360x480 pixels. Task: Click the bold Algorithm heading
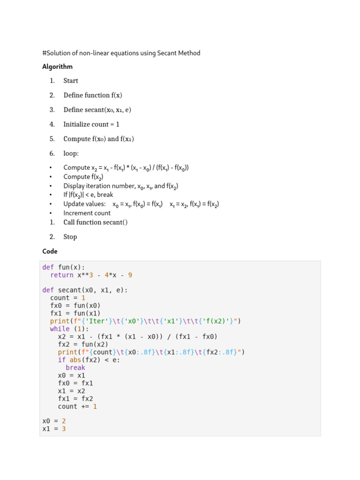tap(57, 67)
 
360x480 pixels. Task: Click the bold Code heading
tap(50, 251)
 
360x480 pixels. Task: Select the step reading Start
tap(71, 81)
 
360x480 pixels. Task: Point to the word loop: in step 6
tap(71, 153)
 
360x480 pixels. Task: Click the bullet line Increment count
tap(87, 213)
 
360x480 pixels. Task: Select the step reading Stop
tap(70, 237)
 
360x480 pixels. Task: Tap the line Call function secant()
tap(96, 222)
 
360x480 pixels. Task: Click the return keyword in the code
tap(62, 275)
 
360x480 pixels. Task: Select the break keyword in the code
tap(75, 368)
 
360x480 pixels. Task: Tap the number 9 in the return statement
tap(137, 275)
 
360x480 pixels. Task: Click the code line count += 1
tap(77, 406)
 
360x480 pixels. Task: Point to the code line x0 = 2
tap(54, 421)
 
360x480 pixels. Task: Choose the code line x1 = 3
tap(54, 429)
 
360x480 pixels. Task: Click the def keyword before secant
tap(48, 290)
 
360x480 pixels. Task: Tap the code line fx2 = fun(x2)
tap(83, 345)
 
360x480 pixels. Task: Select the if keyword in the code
tap(62, 360)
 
